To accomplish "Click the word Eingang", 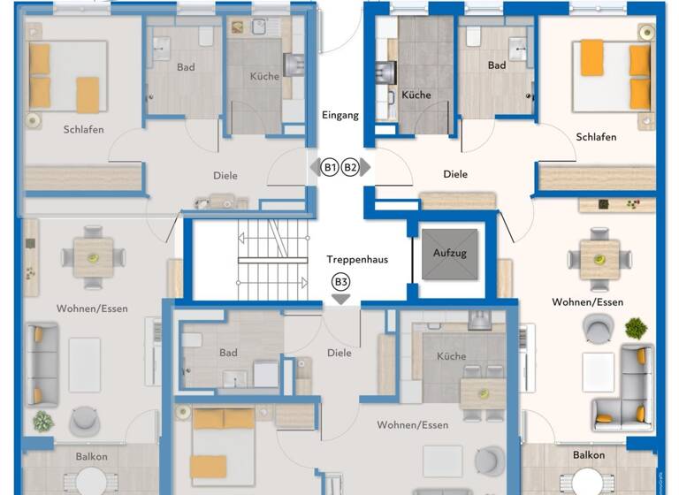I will point(341,116).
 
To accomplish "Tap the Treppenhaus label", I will point(357,260).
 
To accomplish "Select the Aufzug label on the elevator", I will point(449,254).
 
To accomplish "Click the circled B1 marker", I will point(330,167).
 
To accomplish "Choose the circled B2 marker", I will point(351,167).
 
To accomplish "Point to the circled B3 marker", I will point(340,282).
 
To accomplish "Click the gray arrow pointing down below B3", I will point(340,299).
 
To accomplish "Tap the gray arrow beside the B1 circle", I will point(314,167).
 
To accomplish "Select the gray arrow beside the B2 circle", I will point(366,167).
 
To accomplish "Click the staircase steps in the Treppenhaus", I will point(271,261).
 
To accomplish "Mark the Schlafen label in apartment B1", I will point(84,130).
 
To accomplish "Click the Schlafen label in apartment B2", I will point(596,137).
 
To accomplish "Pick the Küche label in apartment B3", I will point(451,356).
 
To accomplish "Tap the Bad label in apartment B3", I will point(228,353).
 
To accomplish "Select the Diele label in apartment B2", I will point(455,175).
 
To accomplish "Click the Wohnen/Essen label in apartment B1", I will point(92,308).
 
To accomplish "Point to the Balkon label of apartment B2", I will point(589,455).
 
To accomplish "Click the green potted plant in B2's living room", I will point(635,329).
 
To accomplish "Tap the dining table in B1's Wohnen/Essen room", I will point(93,257).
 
